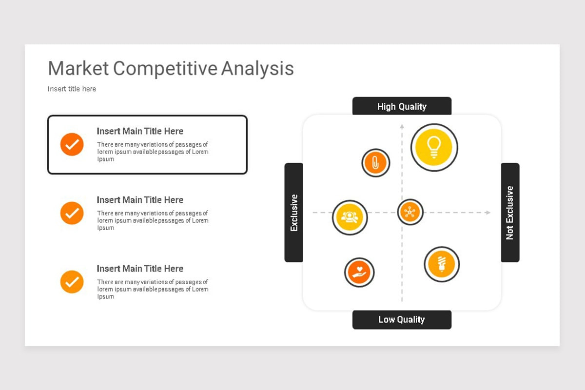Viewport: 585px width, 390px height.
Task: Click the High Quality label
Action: [402, 106]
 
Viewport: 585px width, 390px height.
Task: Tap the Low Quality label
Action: [402, 319]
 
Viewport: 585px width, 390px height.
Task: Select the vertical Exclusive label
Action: [294, 213]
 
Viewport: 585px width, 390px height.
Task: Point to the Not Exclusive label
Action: [510, 213]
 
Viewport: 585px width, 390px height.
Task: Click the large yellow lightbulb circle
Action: [434, 147]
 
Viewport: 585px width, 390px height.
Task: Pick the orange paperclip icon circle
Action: [375, 163]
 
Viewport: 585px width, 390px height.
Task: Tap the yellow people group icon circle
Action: [350, 217]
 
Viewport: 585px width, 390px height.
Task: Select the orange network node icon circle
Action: [410, 212]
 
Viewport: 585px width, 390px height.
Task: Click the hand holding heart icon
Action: [359, 272]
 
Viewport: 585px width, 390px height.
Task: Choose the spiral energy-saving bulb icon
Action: [442, 264]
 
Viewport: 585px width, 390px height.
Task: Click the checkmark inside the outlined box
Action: [72, 144]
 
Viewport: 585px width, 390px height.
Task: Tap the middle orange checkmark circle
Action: [72, 213]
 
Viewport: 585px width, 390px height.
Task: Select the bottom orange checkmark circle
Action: [72, 282]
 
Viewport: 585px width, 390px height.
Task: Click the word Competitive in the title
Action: [165, 68]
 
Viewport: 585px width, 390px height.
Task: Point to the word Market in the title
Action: [78, 68]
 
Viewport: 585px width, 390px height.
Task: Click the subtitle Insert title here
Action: [72, 89]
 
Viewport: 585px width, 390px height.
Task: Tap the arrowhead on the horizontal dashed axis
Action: [487, 213]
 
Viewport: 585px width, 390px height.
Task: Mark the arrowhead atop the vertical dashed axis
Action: [402, 127]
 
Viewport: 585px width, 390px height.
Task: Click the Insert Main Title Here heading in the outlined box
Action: [140, 131]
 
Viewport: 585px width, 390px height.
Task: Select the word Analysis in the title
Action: [257, 69]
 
